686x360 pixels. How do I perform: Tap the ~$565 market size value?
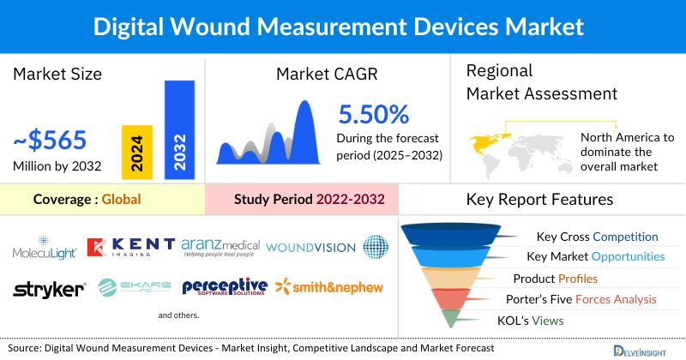[51, 140]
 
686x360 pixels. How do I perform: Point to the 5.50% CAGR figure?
[374, 114]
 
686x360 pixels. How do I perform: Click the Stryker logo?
[49, 289]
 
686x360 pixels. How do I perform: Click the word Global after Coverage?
[121, 200]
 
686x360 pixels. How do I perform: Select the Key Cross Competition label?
[597, 237]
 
